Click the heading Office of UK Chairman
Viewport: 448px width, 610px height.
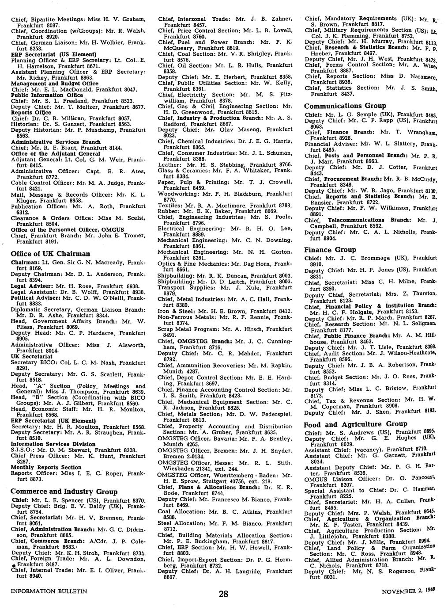pyautogui.click(x=50, y=254)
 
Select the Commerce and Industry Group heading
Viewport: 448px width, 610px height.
pyautogui.click(x=64, y=492)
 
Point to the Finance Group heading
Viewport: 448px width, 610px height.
pyautogui.click(x=330, y=250)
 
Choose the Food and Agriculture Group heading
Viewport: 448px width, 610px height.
pyautogui.click(x=355, y=424)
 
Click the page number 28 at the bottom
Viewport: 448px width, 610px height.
pyautogui.click(x=224, y=595)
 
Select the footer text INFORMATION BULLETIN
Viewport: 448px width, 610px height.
pyautogui.click(x=49, y=591)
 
